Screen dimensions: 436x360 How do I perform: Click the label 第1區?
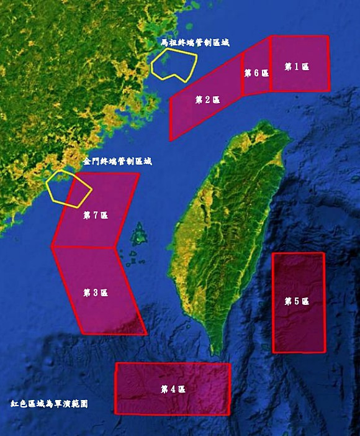pos(297,67)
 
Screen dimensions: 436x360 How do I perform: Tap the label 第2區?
pos(207,100)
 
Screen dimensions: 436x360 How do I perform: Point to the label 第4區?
pos(173,389)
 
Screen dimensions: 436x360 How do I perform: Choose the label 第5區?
pos(297,301)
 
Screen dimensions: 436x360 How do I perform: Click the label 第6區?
pos(256,73)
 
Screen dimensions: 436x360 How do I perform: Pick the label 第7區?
pos(96,216)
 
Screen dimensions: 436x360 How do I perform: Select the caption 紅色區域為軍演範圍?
pos(49,404)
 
